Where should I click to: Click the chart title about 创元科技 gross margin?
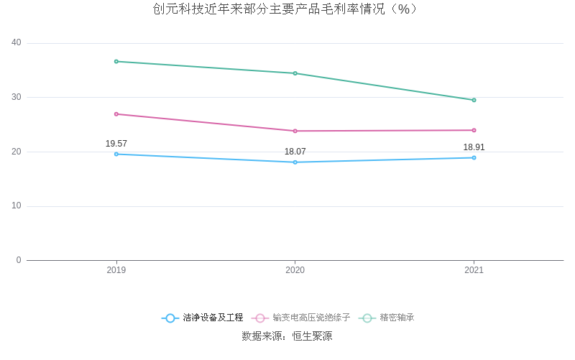coord(285,9)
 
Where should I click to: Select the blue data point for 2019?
coord(116,154)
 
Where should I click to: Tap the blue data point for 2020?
coord(295,162)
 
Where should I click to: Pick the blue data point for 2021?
coord(474,157)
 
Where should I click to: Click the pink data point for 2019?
coord(116,114)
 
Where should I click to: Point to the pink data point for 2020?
coord(295,131)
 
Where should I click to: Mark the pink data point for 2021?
coord(474,130)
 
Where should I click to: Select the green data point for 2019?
coord(116,61)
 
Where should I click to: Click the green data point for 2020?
coord(295,73)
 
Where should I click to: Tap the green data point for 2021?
coord(474,100)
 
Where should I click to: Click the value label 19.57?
coord(116,144)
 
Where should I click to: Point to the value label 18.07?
coord(295,152)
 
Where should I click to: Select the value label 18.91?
coord(474,147)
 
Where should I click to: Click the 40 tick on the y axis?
coord(17,43)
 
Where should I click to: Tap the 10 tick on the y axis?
coord(17,206)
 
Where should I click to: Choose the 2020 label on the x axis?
coord(295,270)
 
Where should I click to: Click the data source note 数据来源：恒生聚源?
coord(287,336)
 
